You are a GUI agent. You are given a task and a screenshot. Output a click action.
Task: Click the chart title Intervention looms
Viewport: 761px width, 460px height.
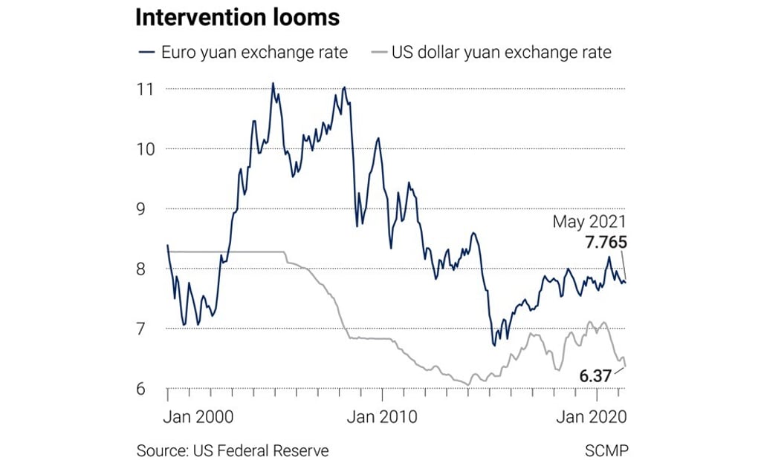coord(238,19)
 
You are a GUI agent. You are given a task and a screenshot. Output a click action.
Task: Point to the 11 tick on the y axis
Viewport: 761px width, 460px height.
coord(146,89)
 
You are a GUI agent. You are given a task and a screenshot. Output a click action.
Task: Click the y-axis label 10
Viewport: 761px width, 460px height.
coord(146,148)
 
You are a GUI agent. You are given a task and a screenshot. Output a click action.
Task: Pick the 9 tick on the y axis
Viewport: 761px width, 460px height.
coord(147,208)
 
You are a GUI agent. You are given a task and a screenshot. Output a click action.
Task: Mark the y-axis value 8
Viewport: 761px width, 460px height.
coord(147,269)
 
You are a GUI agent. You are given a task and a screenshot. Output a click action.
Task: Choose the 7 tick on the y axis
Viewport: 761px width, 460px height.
coord(147,328)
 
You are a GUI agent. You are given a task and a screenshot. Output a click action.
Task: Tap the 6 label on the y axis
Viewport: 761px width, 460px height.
coord(147,388)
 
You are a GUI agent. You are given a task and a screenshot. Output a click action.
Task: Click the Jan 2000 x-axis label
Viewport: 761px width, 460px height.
coord(198,416)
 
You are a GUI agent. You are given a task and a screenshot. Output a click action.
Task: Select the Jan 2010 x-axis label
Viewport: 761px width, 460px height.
coord(381,416)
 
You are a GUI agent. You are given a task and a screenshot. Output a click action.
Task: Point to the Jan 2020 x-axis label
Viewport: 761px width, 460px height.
coord(592,416)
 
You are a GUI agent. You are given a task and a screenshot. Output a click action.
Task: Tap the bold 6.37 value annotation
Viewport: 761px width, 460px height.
coord(596,376)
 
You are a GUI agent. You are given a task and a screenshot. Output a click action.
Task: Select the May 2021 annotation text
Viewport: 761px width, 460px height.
coord(589,222)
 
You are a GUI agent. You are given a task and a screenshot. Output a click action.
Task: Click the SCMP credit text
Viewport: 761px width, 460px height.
coord(605,450)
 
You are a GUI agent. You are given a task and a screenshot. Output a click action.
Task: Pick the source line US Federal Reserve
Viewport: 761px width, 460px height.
coord(232,450)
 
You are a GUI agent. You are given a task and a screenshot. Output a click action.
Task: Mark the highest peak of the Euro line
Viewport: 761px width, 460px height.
coord(273,83)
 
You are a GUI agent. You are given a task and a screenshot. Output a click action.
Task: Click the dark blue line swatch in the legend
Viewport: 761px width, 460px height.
coord(146,53)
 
